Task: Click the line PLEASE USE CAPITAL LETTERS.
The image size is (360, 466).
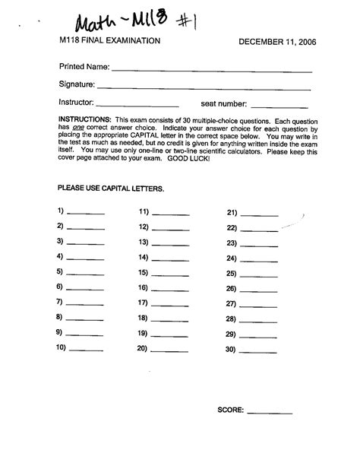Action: tap(111, 187)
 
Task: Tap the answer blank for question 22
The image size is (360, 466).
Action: tap(260, 229)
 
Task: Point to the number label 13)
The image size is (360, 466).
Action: tap(143, 242)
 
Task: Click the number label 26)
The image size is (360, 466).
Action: tap(232, 289)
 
